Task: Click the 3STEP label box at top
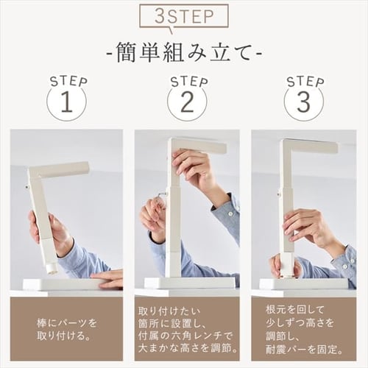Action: point(183,16)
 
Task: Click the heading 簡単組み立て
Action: point(183,54)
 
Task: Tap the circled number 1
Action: point(66,103)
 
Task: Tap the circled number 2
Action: point(186,103)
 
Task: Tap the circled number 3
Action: point(303,103)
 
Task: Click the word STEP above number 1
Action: point(68,80)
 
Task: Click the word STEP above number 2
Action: point(188,80)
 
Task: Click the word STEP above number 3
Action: point(305,80)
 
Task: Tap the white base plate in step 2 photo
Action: point(189,283)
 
